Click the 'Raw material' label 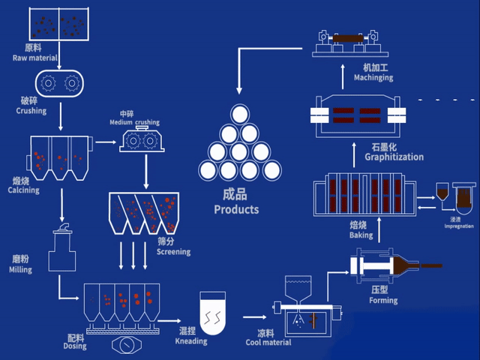(35, 58)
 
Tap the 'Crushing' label (31, 111)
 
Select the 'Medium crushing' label (134, 122)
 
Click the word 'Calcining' (24, 190)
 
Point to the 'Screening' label (173, 252)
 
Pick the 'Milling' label (20, 270)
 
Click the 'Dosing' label (75, 346)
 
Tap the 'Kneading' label (191, 341)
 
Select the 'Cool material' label (268, 343)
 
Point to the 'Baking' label (361, 235)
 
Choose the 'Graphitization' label (394, 157)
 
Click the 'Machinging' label (373, 78)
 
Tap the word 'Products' (236, 210)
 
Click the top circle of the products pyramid (239, 114)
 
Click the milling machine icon (62, 249)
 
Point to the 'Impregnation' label (458, 226)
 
